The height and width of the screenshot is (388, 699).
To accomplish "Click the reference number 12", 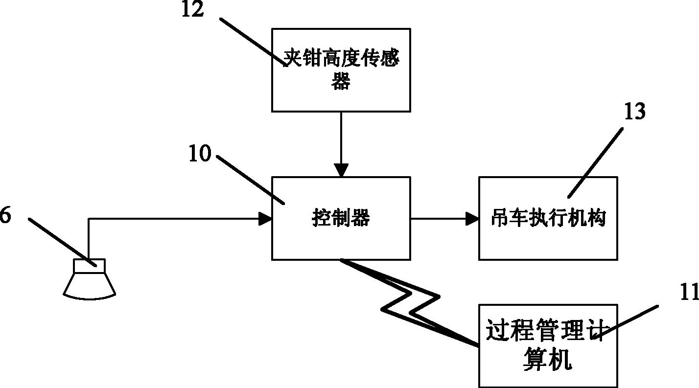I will pyautogui.click(x=192, y=10).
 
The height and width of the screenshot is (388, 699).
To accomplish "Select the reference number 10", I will pyautogui.click(x=199, y=154).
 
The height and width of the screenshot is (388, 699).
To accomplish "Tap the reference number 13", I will pyautogui.click(x=634, y=112).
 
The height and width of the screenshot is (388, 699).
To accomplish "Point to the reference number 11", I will pyautogui.click(x=688, y=292).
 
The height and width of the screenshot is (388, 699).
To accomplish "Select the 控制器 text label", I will pyautogui.click(x=341, y=219).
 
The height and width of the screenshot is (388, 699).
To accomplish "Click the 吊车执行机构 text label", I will pyautogui.click(x=548, y=218).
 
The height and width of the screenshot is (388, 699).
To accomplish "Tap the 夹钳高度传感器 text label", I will pyautogui.click(x=341, y=70).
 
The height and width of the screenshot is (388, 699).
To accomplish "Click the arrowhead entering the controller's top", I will pyautogui.click(x=341, y=170).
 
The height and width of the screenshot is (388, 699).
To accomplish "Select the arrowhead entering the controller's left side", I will pyautogui.click(x=265, y=219).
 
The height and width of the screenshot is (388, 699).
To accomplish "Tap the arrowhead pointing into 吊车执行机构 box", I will pyautogui.click(x=472, y=219).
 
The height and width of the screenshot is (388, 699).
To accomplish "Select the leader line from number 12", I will pyautogui.click(x=252, y=42).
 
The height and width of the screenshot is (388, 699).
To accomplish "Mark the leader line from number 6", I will pyautogui.click(x=61, y=241).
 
